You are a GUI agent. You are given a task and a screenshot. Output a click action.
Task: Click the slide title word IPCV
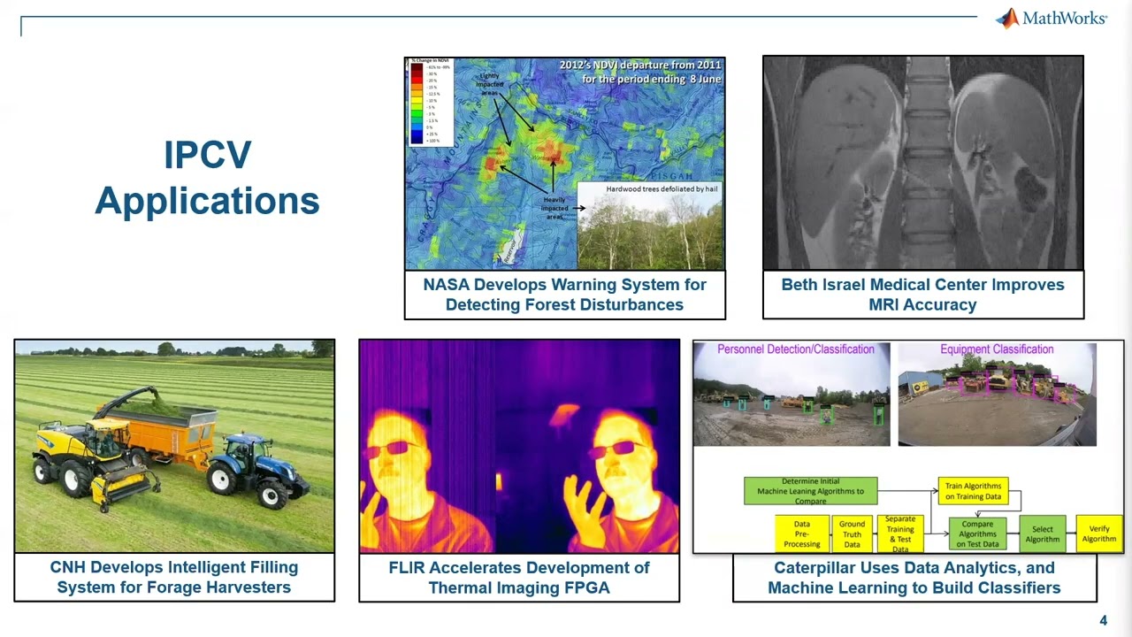click(207, 156)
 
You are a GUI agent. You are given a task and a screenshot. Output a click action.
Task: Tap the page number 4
click(1103, 620)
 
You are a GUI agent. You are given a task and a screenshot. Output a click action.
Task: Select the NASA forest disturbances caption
click(564, 295)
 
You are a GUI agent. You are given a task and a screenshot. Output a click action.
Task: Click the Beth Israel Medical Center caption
click(922, 295)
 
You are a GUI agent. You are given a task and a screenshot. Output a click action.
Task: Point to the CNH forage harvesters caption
click(174, 577)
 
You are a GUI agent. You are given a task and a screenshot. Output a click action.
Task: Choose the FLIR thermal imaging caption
click(519, 577)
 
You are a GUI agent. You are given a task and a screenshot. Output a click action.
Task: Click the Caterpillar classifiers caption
click(914, 577)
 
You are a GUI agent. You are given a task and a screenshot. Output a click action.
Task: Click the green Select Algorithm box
click(1042, 534)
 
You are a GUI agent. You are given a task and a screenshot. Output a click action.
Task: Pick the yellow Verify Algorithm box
click(1098, 533)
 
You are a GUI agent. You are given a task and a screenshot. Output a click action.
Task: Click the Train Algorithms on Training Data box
click(973, 491)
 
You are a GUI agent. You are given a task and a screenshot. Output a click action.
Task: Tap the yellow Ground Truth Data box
click(852, 534)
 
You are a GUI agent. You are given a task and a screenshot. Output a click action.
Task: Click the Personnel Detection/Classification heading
click(795, 349)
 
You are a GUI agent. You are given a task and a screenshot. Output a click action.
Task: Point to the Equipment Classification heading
click(997, 349)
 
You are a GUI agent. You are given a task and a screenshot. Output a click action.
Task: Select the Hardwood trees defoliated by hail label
click(649, 189)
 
